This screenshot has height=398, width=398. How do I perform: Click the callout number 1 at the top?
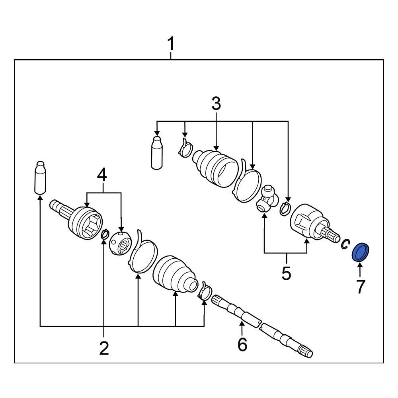[171, 44]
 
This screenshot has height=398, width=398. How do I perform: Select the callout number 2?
[104, 348]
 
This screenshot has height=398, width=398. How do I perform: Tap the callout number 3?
[216, 104]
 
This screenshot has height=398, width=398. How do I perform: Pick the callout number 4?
[103, 176]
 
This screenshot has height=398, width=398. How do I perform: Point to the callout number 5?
[286, 273]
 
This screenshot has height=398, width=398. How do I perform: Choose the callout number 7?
[360, 287]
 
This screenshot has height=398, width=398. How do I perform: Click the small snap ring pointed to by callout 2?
[105, 234]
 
